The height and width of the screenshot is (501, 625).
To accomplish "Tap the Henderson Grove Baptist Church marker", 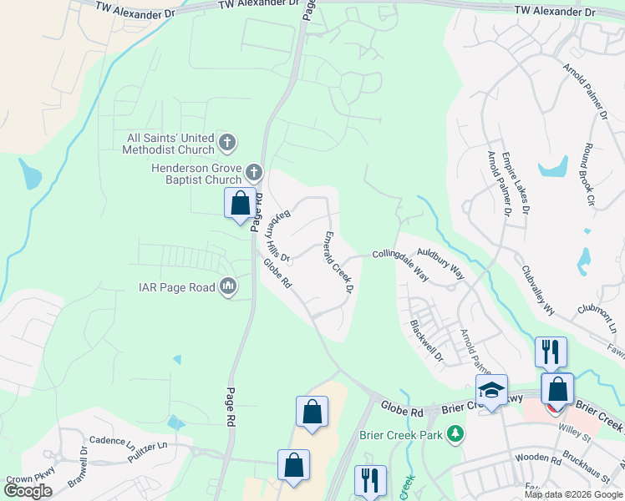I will pos(255,174).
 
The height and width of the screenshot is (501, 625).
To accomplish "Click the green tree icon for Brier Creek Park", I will pos(455,434).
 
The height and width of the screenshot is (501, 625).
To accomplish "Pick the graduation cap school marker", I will pos(491,390).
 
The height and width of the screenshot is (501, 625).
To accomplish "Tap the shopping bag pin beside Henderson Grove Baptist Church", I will pos(240,204).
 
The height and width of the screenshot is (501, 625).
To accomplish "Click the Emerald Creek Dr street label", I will pos(338,261).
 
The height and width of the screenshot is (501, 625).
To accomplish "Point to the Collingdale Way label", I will pos(400,264).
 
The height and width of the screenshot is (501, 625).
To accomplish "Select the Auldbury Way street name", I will pos(441,260).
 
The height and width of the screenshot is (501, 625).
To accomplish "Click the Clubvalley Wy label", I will pos(538,290).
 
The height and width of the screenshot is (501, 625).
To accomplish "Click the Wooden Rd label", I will pos(538,458).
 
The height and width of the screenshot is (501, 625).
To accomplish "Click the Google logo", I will pos(28,490).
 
